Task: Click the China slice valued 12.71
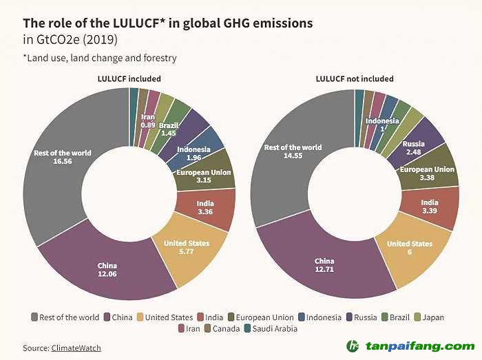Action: [324, 265]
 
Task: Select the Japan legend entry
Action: [428, 317]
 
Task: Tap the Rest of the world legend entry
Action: [65, 317]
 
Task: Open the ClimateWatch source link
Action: [76, 348]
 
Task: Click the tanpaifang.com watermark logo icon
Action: [353, 346]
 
